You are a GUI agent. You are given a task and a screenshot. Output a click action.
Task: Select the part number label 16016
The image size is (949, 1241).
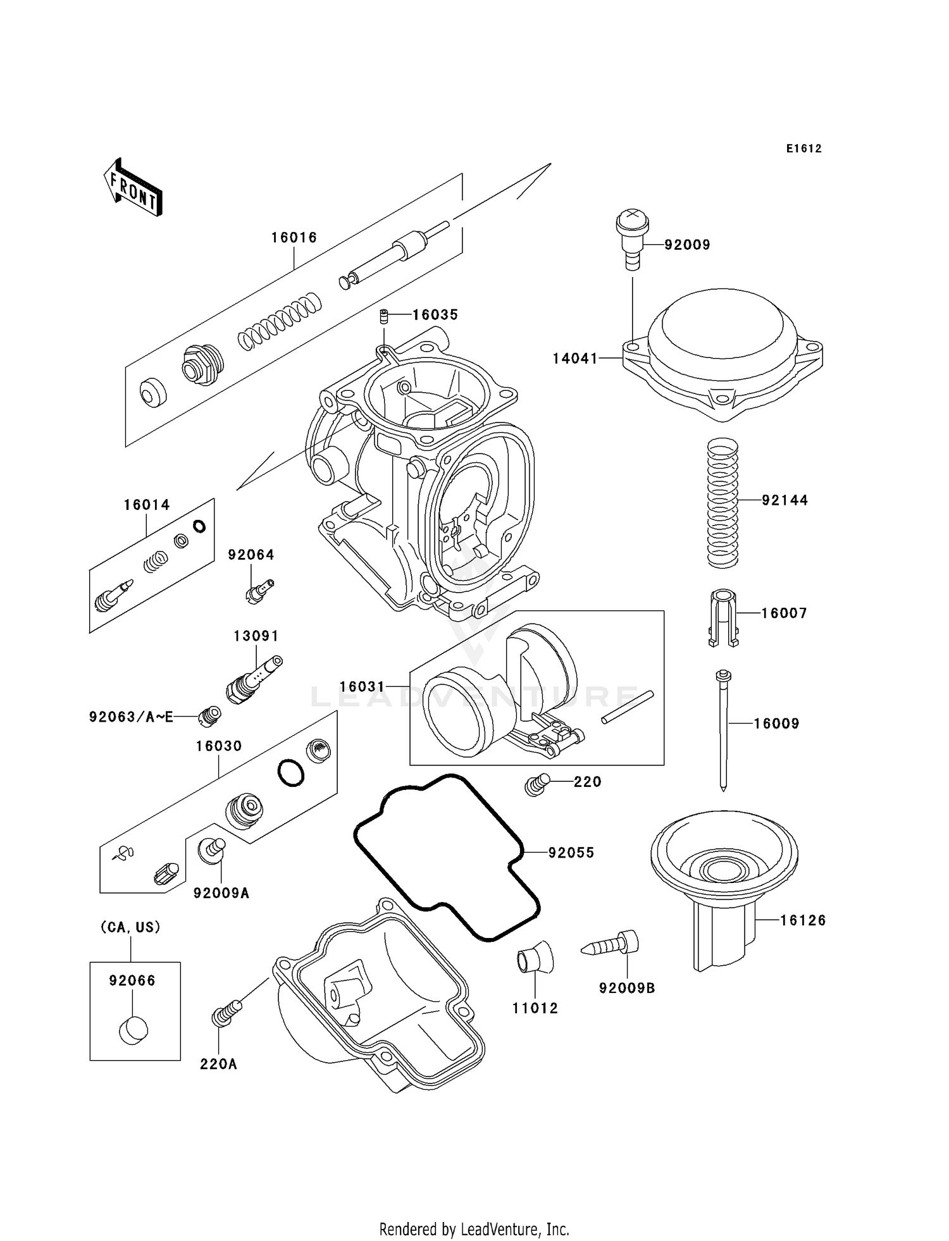[x=294, y=238]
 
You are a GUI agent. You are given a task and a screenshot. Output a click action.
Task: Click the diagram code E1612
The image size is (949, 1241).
[x=803, y=149]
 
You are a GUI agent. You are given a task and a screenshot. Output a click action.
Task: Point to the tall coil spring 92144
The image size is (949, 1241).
[x=722, y=502]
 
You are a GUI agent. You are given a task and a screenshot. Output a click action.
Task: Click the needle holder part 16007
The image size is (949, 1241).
[x=723, y=617]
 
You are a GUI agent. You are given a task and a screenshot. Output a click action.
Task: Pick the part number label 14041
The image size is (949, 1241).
[x=574, y=359]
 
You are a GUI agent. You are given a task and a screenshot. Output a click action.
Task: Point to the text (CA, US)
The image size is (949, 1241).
[x=130, y=927]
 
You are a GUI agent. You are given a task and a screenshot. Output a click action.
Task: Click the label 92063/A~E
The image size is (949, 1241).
[x=131, y=717]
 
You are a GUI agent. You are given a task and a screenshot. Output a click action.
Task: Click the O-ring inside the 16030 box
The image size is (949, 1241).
[x=290, y=772]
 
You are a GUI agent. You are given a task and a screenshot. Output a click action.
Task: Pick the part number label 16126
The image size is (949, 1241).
[x=802, y=920]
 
